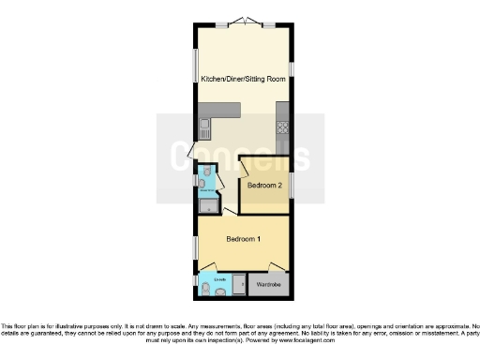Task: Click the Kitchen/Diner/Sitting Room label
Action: pyautogui.click(x=243, y=79)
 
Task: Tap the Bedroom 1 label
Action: pyautogui.click(x=243, y=239)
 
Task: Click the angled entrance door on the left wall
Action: pyautogui.click(x=194, y=149)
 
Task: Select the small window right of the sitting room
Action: pyautogui.click(x=292, y=68)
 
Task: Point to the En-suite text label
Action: pyautogui.click(x=219, y=279)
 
